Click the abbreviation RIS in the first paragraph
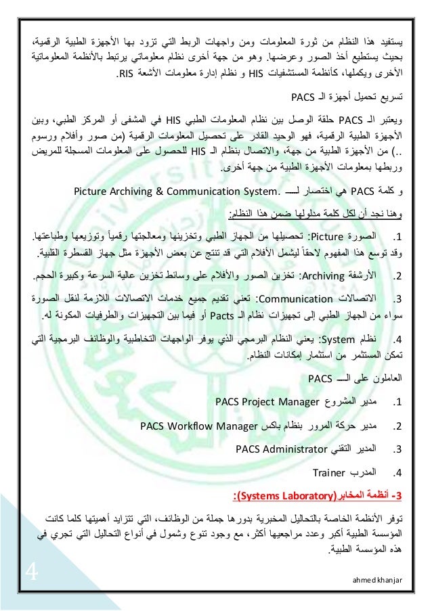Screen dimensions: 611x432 126,73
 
